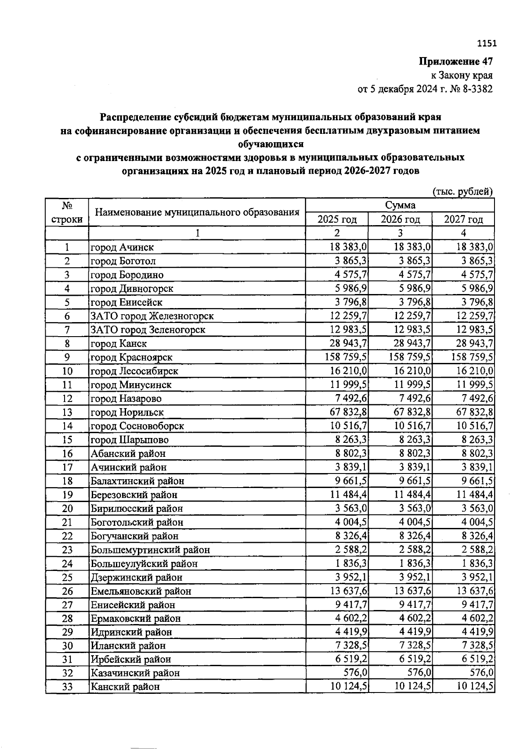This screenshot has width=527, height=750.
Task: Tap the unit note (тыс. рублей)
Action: pos(462,191)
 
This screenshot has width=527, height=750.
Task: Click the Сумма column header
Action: pos(400,205)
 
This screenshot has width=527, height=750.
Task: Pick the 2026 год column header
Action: pos(400,219)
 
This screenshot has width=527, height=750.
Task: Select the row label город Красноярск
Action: pos(131,357)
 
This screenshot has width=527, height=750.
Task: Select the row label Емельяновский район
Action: pos(141,591)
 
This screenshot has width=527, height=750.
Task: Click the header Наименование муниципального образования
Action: pos(197,212)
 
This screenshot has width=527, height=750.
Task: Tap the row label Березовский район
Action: pos(134,495)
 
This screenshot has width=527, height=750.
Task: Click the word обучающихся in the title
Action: pos(271,144)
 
